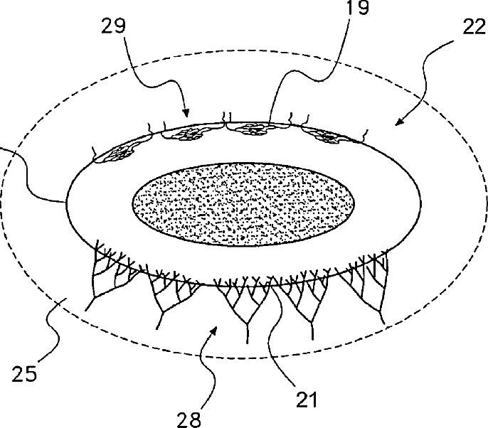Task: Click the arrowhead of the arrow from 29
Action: pyautogui.click(x=186, y=113)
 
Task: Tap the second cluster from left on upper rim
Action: pyautogui.click(x=186, y=133)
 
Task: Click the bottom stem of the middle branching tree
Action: pyautogui.click(x=247, y=331)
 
